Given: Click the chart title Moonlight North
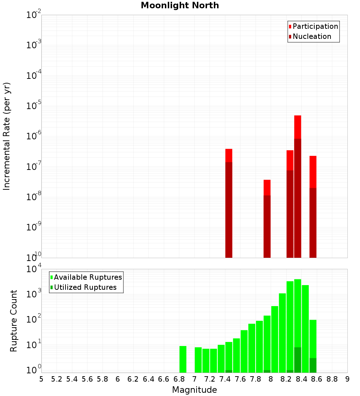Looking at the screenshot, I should (x=180, y=5).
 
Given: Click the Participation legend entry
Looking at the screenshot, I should (x=315, y=27).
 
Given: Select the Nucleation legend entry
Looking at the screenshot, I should (x=312, y=37).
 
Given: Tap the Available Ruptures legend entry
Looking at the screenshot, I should (x=88, y=278).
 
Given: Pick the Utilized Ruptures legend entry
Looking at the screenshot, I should (x=85, y=288).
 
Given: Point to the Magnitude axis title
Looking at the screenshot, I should (x=194, y=390).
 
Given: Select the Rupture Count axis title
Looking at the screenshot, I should (x=14, y=320).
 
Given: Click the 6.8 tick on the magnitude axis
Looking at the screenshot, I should (x=179, y=379).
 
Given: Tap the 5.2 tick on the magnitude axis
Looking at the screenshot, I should (x=57, y=379).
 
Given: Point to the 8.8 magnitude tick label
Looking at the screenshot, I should (x=332, y=379).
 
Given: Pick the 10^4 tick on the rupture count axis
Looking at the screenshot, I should (x=34, y=269).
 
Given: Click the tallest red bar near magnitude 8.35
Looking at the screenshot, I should (x=297, y=180).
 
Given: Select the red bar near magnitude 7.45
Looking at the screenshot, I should (x=229, y=202).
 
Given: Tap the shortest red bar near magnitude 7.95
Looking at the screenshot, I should (x=267, y=220).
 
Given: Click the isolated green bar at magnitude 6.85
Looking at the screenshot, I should (x=183, y=359).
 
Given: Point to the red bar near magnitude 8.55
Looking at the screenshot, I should (x=313, y=205).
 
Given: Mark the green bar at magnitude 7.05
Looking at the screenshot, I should (x=198, y=360).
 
